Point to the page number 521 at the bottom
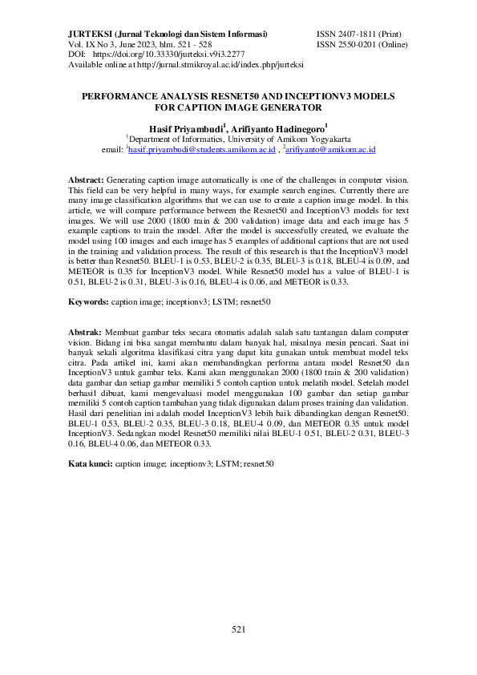(x=238, y=629)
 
